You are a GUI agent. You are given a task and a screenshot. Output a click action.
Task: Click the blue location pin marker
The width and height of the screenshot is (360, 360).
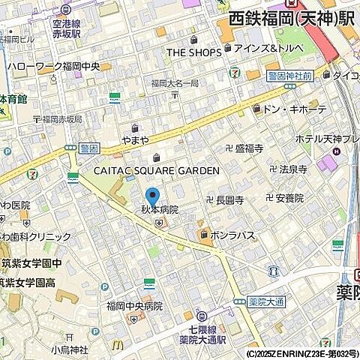pos(152,196)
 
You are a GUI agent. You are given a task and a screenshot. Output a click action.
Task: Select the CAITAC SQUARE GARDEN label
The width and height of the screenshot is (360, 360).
pos(156,170)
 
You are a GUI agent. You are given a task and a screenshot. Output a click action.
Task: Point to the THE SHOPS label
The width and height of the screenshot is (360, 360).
pos(193,52)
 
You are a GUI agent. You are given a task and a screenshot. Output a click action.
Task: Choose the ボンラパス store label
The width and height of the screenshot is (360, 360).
pos(232,235)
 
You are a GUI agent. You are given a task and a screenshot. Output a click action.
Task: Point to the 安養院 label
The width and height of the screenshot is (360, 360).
pos(289,198)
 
